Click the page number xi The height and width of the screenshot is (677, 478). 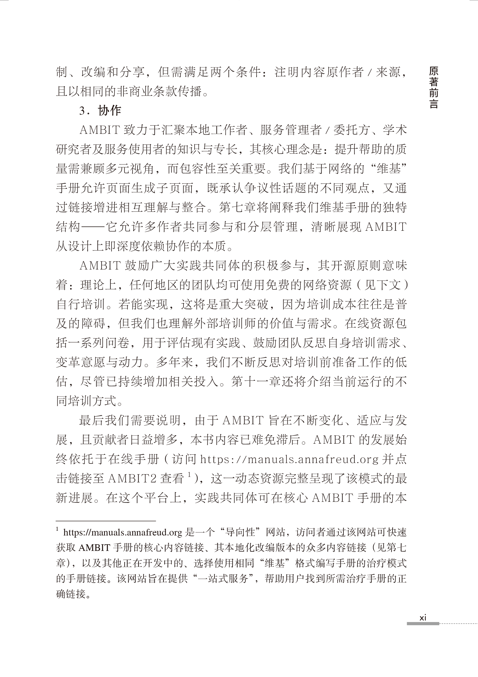click(x=423, y=617)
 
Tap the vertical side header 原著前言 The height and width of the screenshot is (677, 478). click(x=433, y=88)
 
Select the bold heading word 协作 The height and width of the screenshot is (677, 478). click(x=109, y=110)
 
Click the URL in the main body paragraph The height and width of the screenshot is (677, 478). click(x=289, y=459)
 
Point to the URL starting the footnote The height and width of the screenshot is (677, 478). click(x=123, y=532)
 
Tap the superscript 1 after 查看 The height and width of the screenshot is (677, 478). click(x=189, y=475)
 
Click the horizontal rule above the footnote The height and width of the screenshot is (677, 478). click(x=106, y=521)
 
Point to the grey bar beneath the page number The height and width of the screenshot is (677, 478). click(x=423, y=624)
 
